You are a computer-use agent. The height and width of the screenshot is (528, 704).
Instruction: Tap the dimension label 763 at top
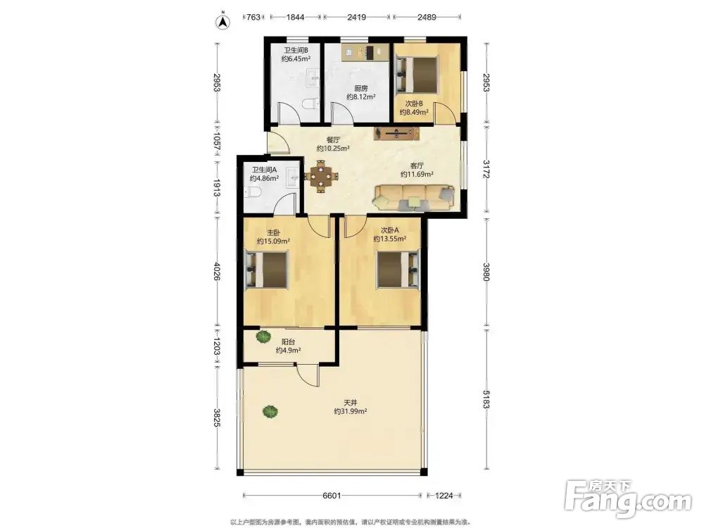(253, 17)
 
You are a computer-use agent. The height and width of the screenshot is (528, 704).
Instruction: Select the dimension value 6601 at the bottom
(332, 496)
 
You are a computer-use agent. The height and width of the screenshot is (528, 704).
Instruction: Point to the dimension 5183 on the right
(486, 399)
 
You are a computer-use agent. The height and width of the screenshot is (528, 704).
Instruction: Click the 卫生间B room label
(296, 50)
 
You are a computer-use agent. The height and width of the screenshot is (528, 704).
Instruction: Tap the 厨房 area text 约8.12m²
(361, 96)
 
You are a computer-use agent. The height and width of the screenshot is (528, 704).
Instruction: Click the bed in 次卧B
(417, 75)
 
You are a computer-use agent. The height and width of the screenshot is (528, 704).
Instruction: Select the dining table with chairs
(321, 176)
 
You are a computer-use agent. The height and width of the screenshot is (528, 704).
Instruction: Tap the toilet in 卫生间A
(253, 193)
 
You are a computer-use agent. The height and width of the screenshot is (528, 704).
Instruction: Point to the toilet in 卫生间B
(310, 104)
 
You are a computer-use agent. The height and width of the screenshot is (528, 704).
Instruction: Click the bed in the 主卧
(266, 269)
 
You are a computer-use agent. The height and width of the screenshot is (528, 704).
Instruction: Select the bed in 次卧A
(398, 269)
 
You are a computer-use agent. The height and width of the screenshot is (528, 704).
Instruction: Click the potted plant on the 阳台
(263, 337)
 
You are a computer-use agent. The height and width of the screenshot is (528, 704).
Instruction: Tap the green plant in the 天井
(270, 411)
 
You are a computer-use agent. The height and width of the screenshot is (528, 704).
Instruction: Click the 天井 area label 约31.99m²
(351, 411)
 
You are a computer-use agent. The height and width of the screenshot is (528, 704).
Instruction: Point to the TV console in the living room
(397, 133)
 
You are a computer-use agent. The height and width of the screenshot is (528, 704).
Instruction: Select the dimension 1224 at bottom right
(444, 496)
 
